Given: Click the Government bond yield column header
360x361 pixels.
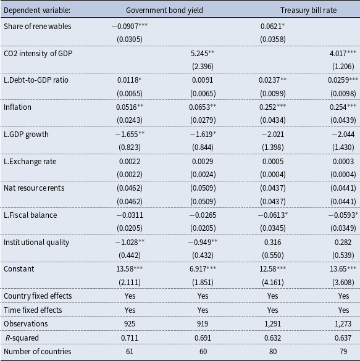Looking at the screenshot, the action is [164, 10].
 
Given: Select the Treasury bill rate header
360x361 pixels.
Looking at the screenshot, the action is [308, 10].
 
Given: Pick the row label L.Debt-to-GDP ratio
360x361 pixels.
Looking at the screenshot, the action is [36, 80].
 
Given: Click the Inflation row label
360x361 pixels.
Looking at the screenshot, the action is [17, 107].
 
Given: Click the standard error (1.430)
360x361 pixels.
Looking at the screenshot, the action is [343, 147].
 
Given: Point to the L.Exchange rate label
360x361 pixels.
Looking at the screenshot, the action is [30, 162].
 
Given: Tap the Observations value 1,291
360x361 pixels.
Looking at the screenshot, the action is [273, 324].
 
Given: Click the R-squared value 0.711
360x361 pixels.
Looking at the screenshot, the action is [130, 338].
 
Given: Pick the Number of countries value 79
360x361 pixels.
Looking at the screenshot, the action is [343, 352].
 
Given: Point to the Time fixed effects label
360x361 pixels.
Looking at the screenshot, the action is [33, 310].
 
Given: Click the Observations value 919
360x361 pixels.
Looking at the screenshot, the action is [203, 324].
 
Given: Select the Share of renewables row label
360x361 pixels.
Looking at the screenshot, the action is [38, 27].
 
